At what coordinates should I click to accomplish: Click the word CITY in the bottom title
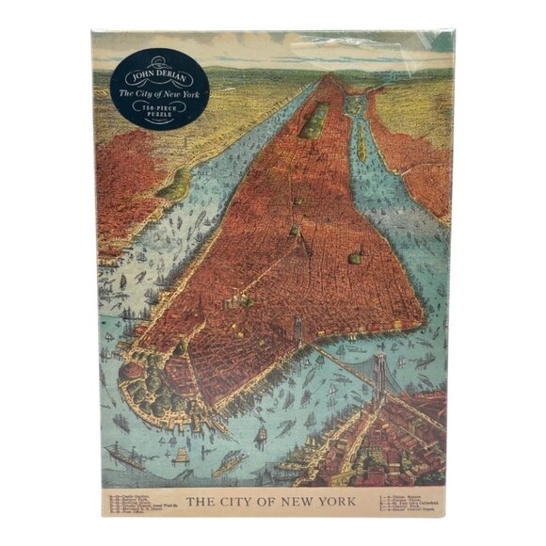[240, 501]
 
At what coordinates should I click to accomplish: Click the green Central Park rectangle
[313, 120]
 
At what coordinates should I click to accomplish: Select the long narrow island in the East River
[361, 141]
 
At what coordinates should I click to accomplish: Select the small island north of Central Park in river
[354, 104]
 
